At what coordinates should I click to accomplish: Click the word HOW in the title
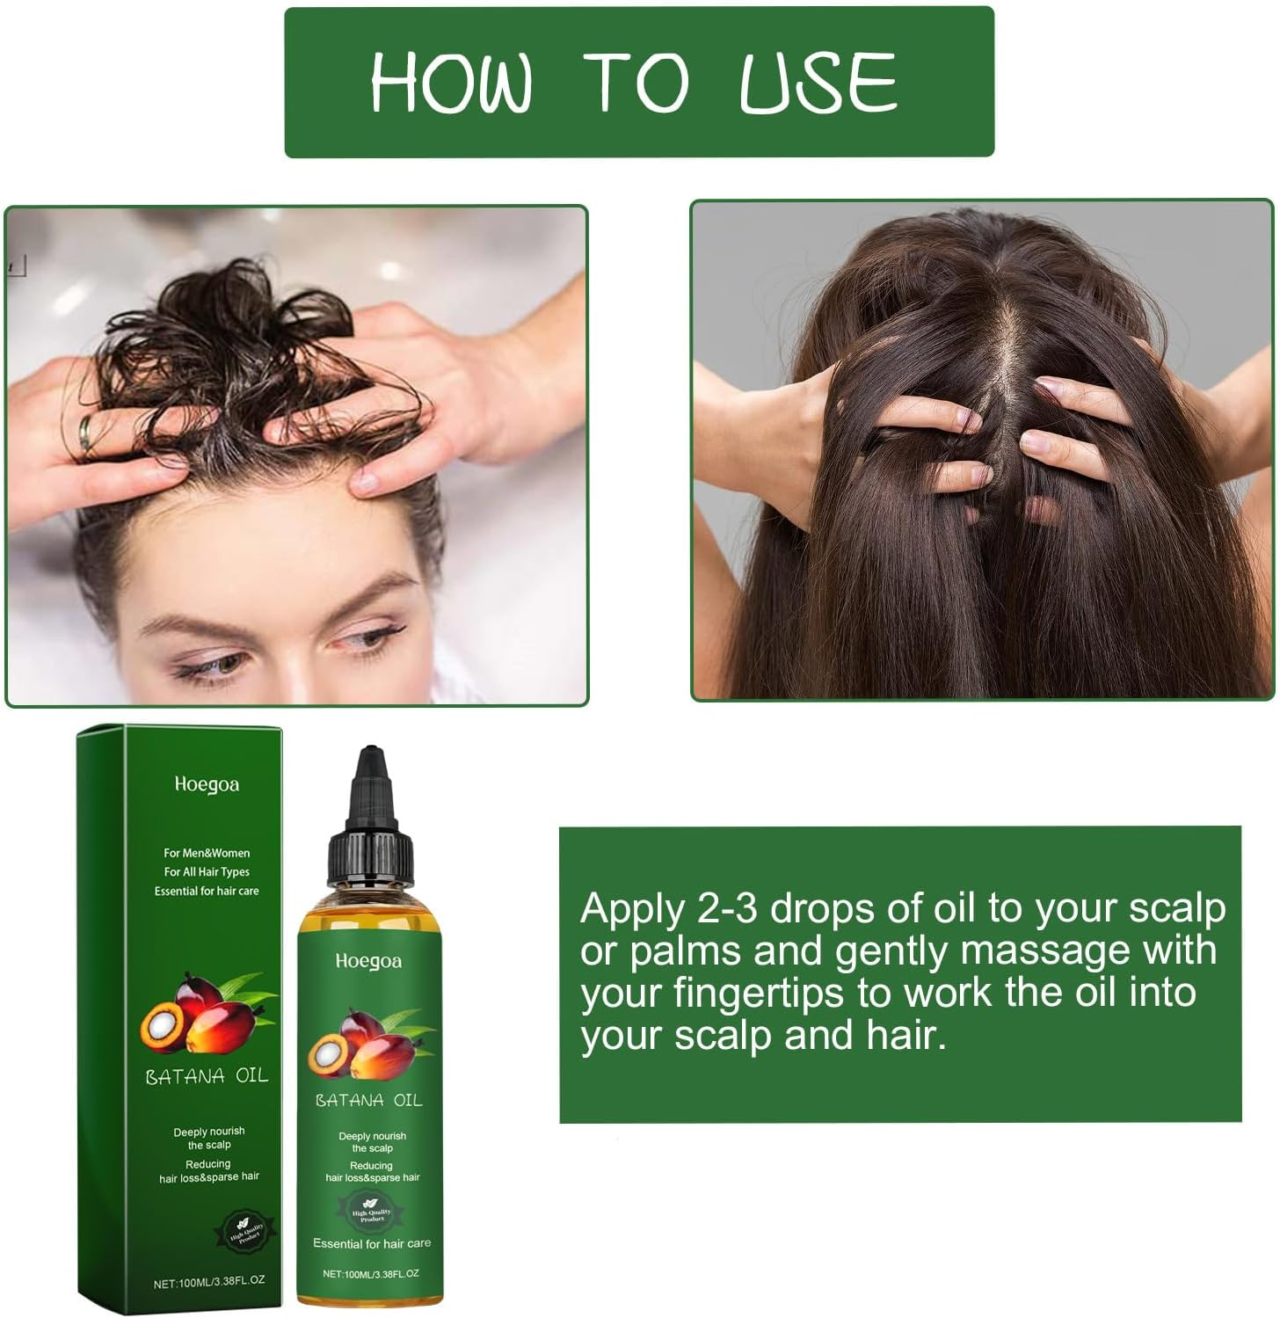click(450, 82)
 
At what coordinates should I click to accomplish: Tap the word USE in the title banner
click(818, 82)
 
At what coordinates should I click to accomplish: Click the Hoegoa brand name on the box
click(207, 784)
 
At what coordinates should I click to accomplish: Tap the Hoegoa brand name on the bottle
click(368, 961)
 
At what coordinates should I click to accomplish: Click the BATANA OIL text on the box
click(207, 1075)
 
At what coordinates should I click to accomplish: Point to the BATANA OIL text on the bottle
click(368, 1100)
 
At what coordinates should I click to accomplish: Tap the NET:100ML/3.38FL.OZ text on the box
click(208, 1282)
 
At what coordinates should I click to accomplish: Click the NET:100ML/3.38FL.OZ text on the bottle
click(370, 1273)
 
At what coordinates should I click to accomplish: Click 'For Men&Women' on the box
click(207, 853)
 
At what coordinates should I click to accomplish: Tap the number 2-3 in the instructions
click(727, 909)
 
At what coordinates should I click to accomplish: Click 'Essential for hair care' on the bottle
click(372, 1243)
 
